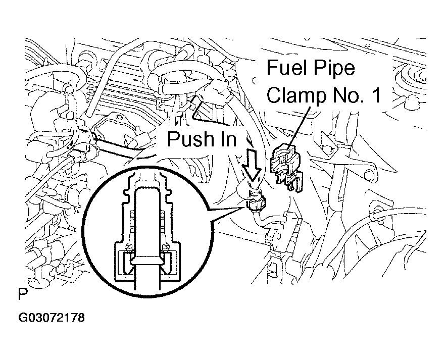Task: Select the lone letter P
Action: tap(22, 293)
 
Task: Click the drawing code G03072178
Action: tap(51, 319)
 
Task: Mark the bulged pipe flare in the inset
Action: tap(148, 262)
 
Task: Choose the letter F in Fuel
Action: tap(272, 68)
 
